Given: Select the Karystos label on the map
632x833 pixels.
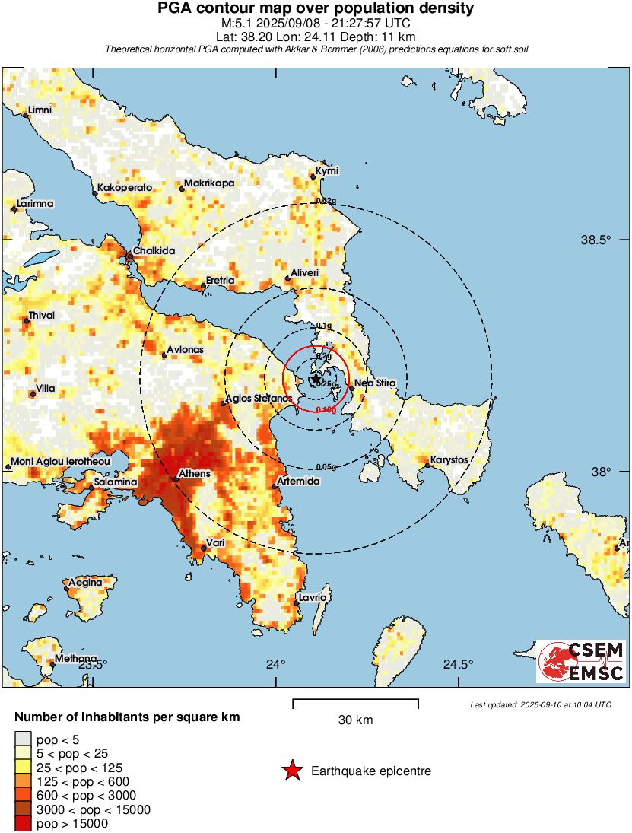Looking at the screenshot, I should (x=449, y=460).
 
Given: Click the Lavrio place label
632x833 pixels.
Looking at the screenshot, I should (x=313, y=599).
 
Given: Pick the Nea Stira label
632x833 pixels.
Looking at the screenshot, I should (x=375, y=383).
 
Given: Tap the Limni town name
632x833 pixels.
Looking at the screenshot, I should (x=40, y=110).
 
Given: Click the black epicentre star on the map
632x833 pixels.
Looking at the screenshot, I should (x=316, y=378).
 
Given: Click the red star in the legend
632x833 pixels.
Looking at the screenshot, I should (x=291, y=771).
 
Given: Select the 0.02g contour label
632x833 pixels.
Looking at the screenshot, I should (x=325, y=201).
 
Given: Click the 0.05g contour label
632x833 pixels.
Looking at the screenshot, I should (x=325, y=466).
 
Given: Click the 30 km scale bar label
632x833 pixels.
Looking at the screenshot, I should (x=355, y=720).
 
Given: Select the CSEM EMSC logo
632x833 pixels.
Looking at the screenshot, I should (x=582, y=661).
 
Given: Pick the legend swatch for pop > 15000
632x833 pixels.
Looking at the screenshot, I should (x=23, y=823).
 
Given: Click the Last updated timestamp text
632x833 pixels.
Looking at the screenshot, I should (x=540, y=704).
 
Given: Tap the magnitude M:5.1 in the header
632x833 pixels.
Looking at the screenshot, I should (x=237, y=23).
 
